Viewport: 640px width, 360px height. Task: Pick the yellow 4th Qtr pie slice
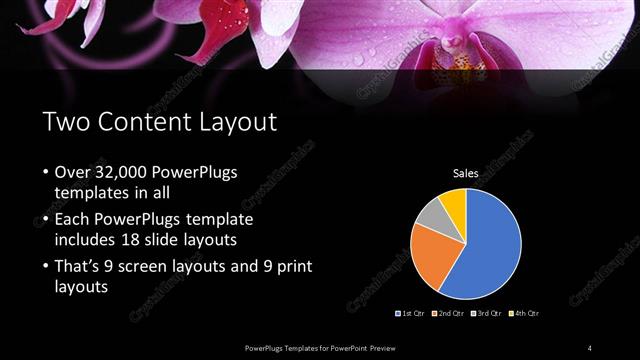click(453, 201)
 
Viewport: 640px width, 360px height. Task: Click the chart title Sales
click(466, 174)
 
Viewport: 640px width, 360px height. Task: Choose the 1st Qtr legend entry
click(412, 314)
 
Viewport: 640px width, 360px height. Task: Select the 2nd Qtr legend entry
click(450, 314)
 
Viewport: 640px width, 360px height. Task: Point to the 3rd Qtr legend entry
click(488, 314)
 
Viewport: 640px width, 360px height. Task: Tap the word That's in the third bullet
click(77, 266)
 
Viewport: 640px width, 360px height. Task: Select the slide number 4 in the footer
click(590, 347)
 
